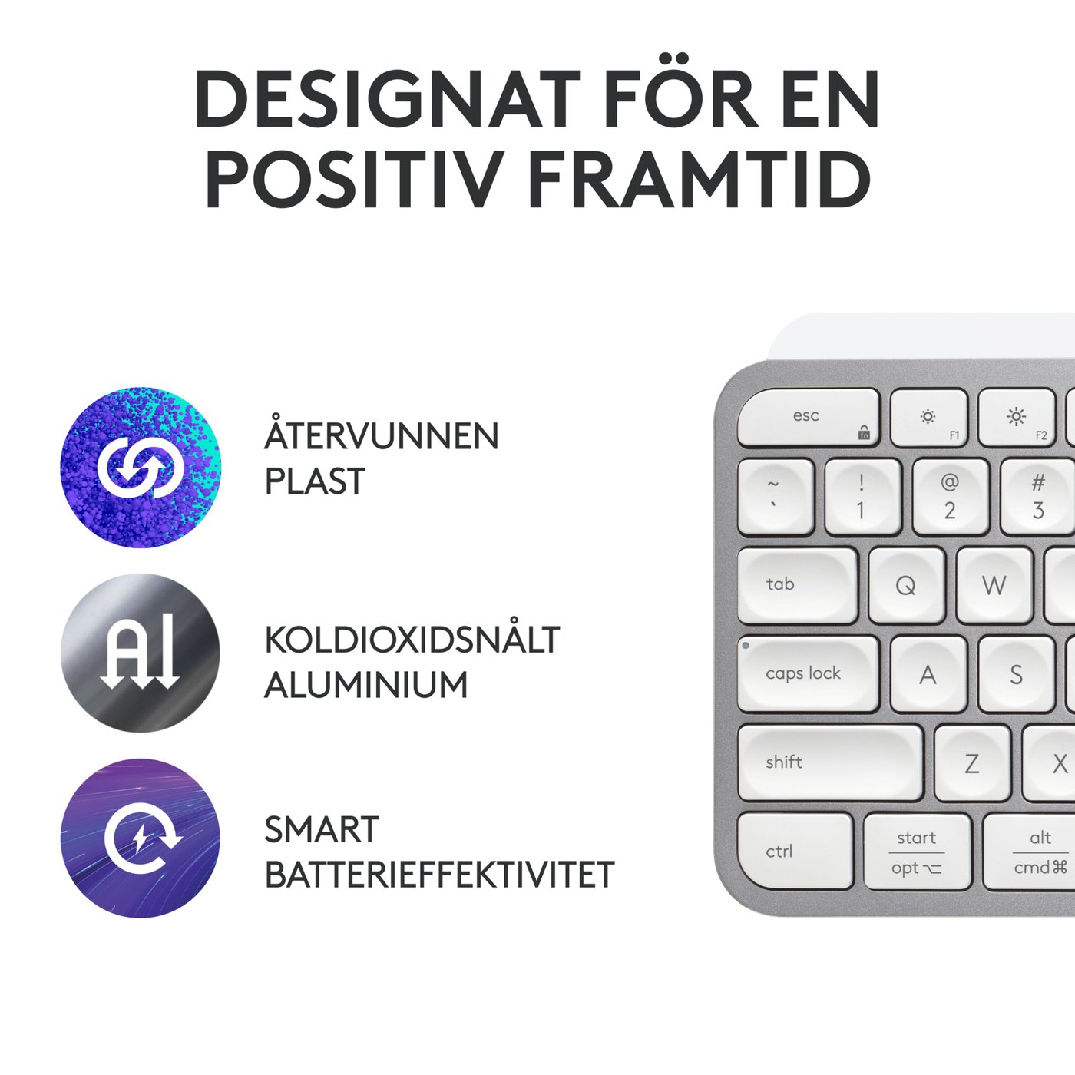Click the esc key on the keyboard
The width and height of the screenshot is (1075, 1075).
808,418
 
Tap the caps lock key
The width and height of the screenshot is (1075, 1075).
808,674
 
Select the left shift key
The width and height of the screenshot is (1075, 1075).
829,762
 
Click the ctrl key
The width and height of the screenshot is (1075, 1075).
795,851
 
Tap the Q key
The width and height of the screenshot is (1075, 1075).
907,585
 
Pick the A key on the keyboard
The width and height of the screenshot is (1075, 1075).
928,674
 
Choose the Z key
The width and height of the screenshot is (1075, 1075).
972,762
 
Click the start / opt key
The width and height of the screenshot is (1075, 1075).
917,852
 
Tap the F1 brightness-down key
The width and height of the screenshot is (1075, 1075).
928,418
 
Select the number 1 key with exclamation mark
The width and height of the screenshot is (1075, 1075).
862,497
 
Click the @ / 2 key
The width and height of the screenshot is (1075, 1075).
950,497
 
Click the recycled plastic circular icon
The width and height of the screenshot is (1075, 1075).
141,467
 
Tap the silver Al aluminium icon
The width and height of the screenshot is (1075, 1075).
141,653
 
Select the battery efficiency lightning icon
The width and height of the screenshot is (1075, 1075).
141,838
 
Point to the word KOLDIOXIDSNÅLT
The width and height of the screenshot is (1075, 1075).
412,640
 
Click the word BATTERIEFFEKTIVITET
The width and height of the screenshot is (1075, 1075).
439,875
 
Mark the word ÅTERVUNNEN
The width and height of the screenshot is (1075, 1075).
382,436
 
